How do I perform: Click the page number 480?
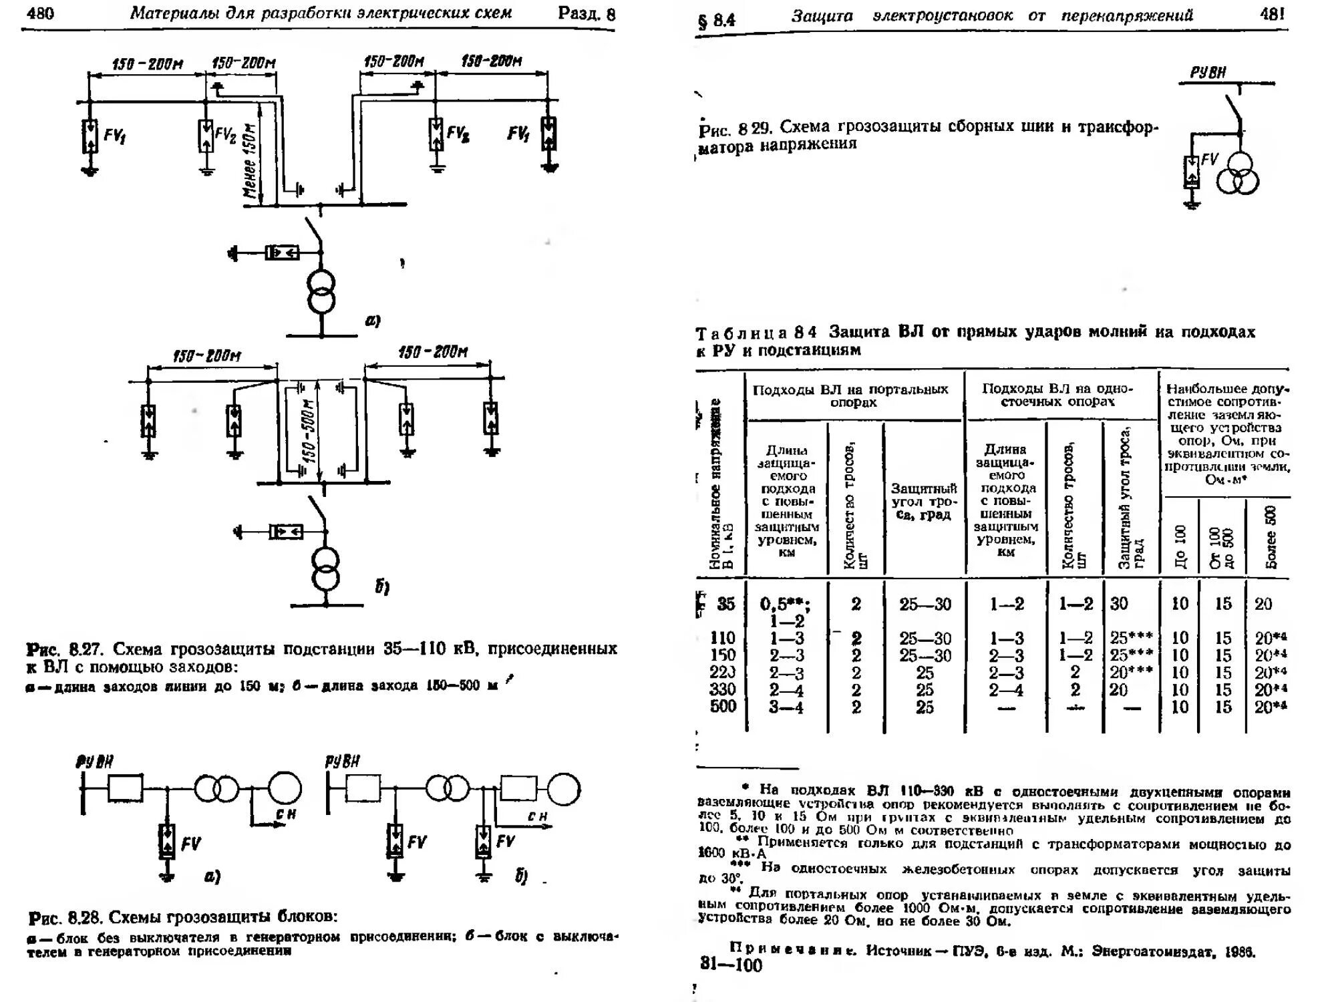click(x=41, y=13)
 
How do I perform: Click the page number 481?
click(x=1272, y=14)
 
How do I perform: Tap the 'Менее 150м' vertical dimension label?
click(x=250, y=160)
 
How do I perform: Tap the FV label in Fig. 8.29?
click(x=1209, y=159)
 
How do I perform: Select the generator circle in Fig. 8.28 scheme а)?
click(x=285, y=788)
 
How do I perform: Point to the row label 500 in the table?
click(x=723, y=707)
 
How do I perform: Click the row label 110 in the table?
click(x=723, y=638)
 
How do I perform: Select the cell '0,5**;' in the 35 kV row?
click(x=786, y=605)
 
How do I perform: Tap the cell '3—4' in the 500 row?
click(x=786, y=707)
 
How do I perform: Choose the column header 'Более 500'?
click(x=1270, y=538)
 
